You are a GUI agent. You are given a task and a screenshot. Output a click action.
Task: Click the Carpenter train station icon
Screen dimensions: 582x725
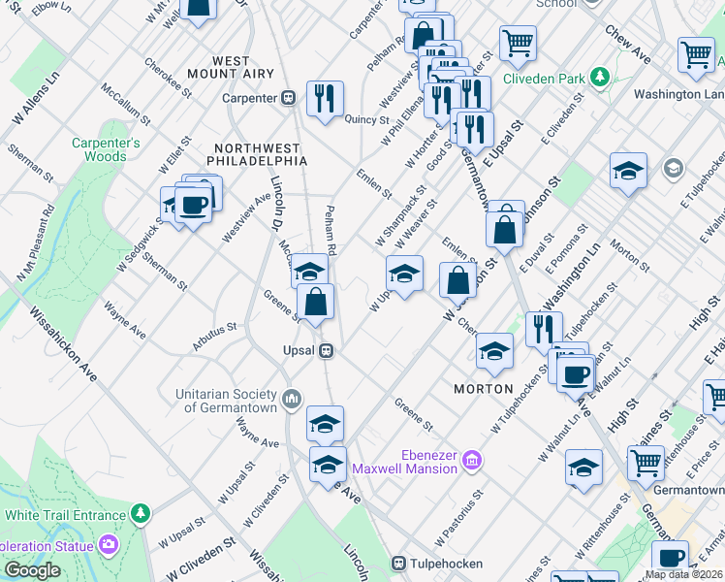(288, 98)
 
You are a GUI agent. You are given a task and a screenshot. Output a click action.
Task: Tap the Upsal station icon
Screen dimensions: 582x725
(328, 350)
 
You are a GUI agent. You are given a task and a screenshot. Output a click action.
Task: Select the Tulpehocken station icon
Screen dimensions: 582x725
(398, 564)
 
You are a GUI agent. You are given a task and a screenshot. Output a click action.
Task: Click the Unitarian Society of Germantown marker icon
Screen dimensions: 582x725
(292, 400)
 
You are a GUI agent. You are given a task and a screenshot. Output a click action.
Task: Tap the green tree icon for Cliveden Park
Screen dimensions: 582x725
(601, 76)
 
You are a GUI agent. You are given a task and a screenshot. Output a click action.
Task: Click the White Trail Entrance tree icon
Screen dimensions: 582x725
(142, 511)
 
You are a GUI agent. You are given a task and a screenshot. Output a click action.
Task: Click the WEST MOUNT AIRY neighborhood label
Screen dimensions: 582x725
(231, 67)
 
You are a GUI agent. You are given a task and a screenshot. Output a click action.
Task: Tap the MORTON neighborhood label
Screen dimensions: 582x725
(483, 388)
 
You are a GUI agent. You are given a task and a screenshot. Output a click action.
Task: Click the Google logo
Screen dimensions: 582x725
(32, 570)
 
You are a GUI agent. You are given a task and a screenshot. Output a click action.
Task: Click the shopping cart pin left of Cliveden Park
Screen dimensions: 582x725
(518, 42)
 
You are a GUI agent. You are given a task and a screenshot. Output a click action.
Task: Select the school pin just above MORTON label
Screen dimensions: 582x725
(494, 349)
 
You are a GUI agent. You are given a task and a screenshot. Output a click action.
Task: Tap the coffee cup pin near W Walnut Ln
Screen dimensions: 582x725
(574, 372)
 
